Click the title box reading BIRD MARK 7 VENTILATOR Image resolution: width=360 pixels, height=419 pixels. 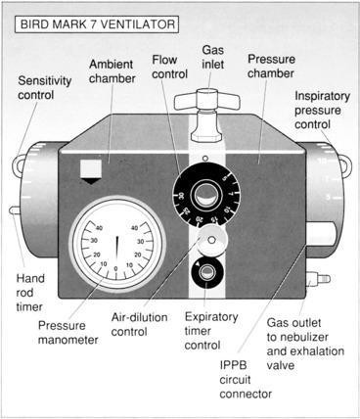click(97, 24)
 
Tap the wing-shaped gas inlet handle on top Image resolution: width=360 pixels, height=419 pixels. click(206, 101)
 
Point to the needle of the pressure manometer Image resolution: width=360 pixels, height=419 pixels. click(117, 249)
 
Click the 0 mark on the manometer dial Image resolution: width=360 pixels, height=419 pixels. click(115, 268)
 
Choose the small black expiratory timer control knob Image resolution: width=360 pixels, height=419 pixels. click(206, 272)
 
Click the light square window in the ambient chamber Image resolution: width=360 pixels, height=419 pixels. click(91, 168)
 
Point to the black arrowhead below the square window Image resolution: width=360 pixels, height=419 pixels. click(91, 181)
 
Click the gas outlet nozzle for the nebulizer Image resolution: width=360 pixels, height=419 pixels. click(319, 279)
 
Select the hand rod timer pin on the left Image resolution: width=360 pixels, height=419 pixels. click(16, 210)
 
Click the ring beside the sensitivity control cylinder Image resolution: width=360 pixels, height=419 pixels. click(19, 166)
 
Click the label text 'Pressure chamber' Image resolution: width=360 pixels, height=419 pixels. click(271, 67)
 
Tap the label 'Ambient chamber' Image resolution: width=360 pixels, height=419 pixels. click(112, 71)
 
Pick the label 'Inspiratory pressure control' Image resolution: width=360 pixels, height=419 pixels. click(322, 111)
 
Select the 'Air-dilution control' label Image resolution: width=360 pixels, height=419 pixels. click(139, 324)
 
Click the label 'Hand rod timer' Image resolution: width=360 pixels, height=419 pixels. click(30, 293)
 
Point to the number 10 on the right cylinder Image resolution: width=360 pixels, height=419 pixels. click(322, 161)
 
